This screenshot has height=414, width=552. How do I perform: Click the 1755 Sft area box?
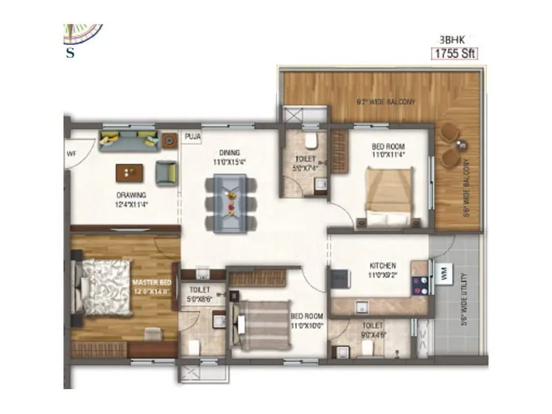point(455,53)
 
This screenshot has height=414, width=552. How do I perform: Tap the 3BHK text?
point(451,39)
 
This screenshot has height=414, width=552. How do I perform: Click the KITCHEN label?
point(382,266)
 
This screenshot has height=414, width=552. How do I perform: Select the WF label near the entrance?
point(71,152)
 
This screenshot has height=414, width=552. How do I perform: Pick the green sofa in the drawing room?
point(130,141)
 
